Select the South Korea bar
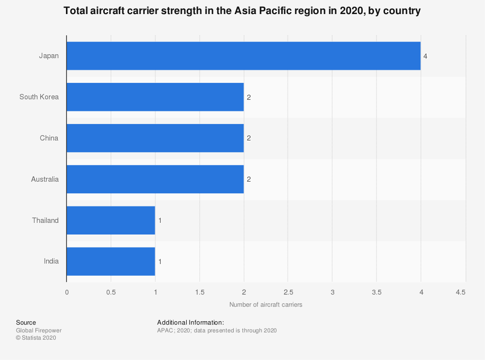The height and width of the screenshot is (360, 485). click(155, 97)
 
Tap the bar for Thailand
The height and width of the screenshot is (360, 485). click(111, 220)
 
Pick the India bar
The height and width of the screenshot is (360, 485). click(111, 262)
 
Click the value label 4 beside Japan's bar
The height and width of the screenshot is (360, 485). click(425, 56)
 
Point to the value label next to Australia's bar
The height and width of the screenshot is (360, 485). click(249, 179)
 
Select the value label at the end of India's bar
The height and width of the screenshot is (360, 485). click(160, 262)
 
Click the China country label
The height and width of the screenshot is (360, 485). click(49, 138)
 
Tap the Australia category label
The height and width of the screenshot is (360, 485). click(45, 179)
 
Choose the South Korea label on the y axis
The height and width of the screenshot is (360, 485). click(39, 97)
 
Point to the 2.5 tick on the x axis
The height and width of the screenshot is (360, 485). click(288, 292)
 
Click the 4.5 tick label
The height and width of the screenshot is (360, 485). click(461, 292)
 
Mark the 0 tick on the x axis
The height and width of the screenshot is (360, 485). click(67, 292)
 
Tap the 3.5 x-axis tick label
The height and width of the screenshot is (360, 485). click(377, 292)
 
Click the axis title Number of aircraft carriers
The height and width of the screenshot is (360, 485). click(266, 305)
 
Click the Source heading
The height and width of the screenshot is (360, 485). click(26, 322)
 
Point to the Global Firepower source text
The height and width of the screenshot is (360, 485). click(39, 330)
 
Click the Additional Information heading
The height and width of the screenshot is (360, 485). click(190, 322)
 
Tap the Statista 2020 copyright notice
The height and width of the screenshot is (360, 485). click(36, 338)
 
